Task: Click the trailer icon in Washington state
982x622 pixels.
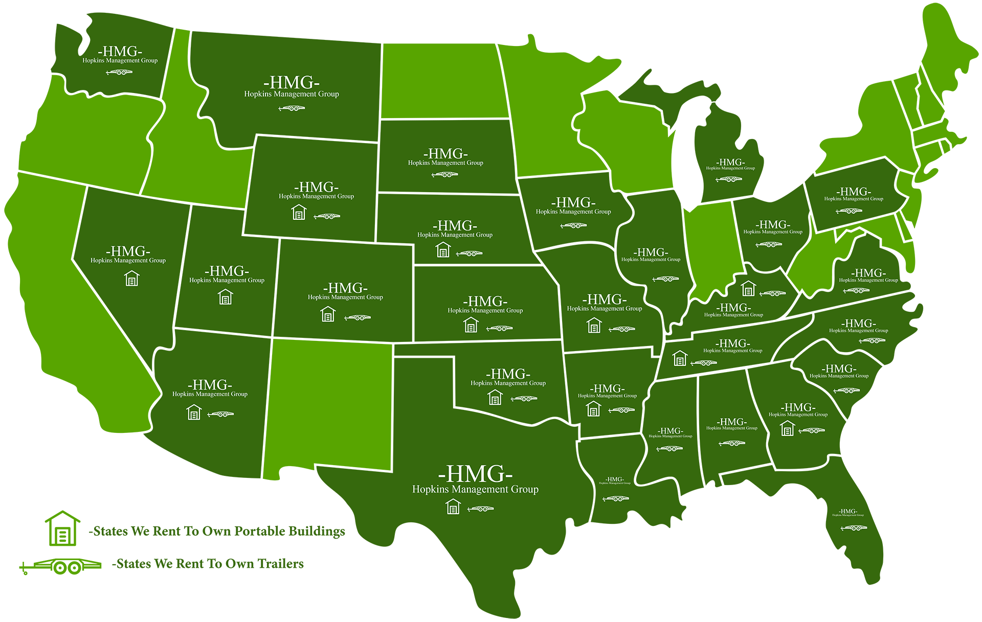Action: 119,72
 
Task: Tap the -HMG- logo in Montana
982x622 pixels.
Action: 292,83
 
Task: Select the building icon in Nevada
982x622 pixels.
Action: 132,279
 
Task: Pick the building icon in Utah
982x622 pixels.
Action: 226,297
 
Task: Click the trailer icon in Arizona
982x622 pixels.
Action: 220,414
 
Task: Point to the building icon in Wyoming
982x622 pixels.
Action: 299,212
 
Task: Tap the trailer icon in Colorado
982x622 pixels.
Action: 358,318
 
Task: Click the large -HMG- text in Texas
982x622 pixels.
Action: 475,474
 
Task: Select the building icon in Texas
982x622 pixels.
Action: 453,507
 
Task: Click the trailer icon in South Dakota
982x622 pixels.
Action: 445,175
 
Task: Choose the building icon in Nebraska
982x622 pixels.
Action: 443,250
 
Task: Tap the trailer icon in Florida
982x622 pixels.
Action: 854,528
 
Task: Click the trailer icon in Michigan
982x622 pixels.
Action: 729,179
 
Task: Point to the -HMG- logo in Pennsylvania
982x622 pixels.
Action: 854,192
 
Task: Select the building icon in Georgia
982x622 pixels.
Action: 788,428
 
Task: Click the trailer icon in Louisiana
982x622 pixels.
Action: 616,498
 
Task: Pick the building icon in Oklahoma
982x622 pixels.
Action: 495,397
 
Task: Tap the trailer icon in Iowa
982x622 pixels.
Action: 573,225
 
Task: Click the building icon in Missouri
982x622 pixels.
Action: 594,325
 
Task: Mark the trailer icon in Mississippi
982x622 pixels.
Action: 669,449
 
